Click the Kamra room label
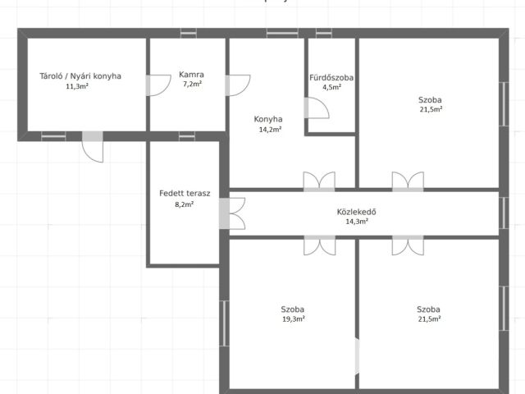pos(191,75)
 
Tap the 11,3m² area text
pos(77,86)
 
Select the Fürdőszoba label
pos(331,78)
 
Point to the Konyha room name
pos(268,119)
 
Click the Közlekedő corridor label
pos(357,212)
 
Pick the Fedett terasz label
pos(185,194)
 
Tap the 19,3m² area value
pos(294,319)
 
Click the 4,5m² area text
pos(331,88)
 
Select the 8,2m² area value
pos(184,204)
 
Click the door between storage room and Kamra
pos(158,85)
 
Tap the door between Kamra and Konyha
pos(238,85)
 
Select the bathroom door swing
pos(317,108)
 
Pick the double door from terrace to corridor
pos(232,213)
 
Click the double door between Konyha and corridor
pos(319,181)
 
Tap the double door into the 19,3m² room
pos(319,245)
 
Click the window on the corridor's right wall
pos(504,213)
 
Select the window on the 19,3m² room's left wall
pos(224,323)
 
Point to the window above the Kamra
pos(189,33)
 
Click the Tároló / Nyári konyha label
pos(80,76)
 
